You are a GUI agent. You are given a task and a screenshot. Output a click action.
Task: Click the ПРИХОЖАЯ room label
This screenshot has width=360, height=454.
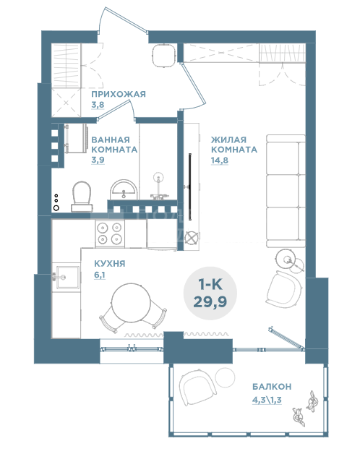click(x=119, y=94)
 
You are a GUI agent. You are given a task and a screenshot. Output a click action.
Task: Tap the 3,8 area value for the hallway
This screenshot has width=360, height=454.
click(x=98, y=105)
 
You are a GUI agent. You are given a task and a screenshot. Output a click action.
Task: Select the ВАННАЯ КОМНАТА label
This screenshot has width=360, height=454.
click(x=114, y=145)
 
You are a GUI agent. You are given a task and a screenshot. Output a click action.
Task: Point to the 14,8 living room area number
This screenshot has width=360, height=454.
click(x=220, y=160)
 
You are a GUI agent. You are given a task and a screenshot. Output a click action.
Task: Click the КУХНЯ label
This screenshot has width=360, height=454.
click(x=110, y=264)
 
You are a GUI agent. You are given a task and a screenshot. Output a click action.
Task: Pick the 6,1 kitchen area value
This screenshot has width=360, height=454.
click(x=100, y=275)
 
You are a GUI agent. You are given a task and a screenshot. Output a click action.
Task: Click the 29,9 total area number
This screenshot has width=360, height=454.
click(x=210, y=302)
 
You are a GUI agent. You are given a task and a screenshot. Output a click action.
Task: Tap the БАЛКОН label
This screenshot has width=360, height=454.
click(x=272, y=387)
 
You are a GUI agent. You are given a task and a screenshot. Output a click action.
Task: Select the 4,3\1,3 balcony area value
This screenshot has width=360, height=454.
click(x=267, y=400)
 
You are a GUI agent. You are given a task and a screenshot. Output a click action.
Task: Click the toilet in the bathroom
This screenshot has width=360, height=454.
click(x=82, y=197)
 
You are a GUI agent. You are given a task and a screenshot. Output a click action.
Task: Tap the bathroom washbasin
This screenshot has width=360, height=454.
click(x=124, y=189)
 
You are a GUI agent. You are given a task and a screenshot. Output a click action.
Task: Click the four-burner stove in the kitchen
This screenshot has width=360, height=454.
click(x=110, y=234)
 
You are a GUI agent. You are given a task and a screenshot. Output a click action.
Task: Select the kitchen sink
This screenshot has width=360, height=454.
click(x=67, y=278)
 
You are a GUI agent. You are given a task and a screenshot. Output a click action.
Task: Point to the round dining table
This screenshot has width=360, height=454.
click(x=132, y=301)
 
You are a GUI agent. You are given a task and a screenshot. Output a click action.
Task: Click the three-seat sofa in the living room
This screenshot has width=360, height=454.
click(x=286, y=191)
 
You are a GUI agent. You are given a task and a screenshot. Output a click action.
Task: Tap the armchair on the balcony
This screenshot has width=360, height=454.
click(x=197, y=387)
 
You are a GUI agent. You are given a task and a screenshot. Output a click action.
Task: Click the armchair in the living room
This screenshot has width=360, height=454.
click(x=285, y=289)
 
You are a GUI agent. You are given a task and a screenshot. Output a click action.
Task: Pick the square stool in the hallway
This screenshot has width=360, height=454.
click(x=164, y=56)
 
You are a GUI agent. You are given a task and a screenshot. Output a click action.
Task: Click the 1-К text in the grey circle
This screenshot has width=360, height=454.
click(x=210, y=285)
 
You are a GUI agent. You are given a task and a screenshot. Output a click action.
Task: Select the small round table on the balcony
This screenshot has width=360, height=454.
click(x=225, y=377)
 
